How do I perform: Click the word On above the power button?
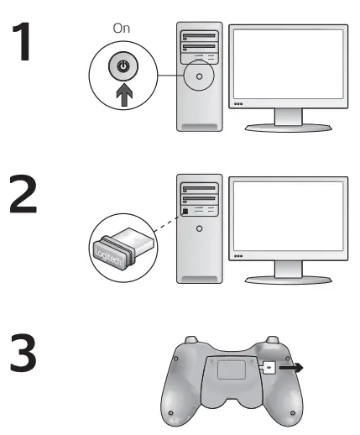(122, 28)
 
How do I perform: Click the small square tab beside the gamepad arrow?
(269, 367)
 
